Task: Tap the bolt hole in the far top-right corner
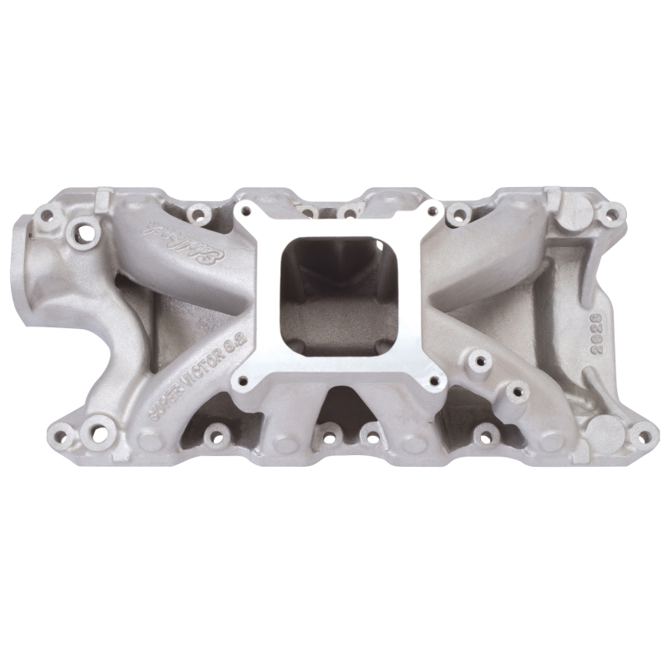pos(611,215)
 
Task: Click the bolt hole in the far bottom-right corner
pos(643,433)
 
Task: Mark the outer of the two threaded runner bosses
pos(517,390)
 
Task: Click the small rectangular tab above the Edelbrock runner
pos(104,200)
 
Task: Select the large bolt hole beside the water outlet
pos(84,228)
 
